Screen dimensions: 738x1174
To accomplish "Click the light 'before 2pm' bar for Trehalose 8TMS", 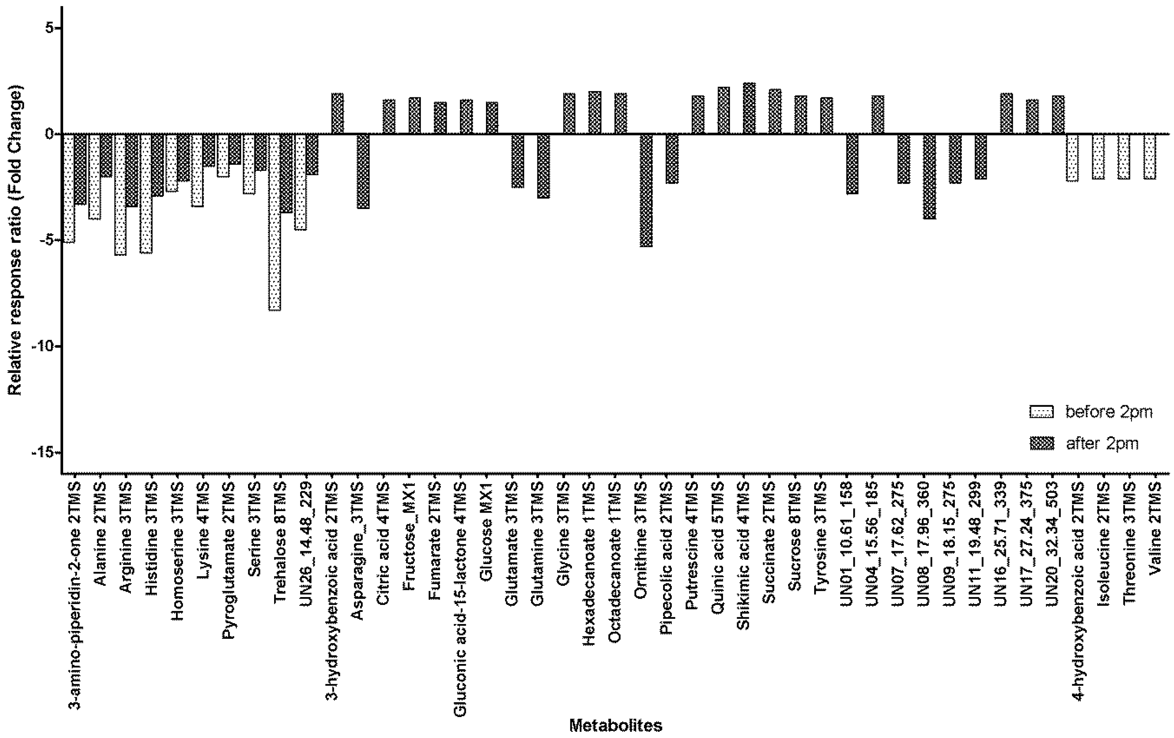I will (x=275, y=222).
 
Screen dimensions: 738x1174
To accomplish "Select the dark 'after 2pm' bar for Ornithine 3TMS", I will (x=646, y=190).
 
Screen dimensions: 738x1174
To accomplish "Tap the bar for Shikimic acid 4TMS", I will (x=749, y=108).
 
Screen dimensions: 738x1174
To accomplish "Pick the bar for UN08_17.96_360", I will (x=929, y=176).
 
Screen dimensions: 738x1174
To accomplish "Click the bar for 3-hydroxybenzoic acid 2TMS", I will (x=337, y=114).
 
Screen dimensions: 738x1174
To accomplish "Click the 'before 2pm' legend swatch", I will (x=1041, y=412).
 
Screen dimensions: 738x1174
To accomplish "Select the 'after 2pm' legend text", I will (x=1102, y=444).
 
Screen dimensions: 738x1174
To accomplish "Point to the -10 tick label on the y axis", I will (x=44, y=346).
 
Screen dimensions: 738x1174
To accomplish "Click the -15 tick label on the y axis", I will (x=44, y=452).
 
